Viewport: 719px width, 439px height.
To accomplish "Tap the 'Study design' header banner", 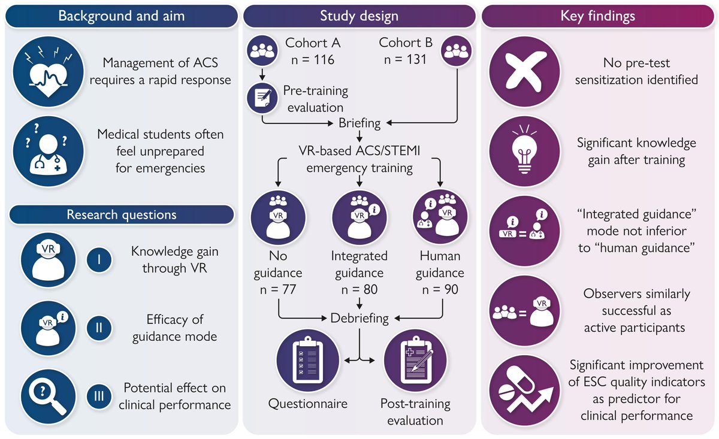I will coord(359,16).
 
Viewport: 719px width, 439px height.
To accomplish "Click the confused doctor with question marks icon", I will coord(47,151).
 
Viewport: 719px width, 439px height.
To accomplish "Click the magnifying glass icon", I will coord(47,396).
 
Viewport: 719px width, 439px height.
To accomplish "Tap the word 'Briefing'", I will coord(359,123).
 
